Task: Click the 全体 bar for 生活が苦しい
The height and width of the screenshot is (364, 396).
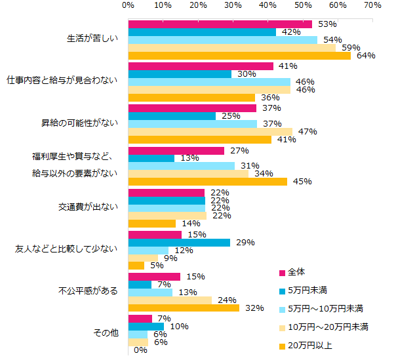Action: (220, 24)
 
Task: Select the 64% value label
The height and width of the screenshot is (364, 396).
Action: (366, 56)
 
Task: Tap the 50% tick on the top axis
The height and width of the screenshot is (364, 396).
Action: (302, 5)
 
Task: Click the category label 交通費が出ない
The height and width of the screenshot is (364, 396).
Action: (89, 207)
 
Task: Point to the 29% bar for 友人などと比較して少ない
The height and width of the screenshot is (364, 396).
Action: (179, 243)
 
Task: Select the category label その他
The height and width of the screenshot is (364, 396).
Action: (107, 333)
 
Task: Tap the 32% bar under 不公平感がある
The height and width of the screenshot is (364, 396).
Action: (184, 308)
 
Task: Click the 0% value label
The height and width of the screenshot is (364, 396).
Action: (140, 350)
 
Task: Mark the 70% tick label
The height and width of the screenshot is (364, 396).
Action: (372, 5)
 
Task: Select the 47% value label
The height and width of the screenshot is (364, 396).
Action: (307, 132)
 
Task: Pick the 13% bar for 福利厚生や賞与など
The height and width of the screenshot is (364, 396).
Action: (151, 158)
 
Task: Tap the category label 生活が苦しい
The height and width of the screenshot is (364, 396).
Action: (92, 38)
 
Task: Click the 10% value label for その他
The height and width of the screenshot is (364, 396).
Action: (179, 326)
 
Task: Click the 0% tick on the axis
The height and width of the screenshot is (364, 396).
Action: (129, 5)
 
